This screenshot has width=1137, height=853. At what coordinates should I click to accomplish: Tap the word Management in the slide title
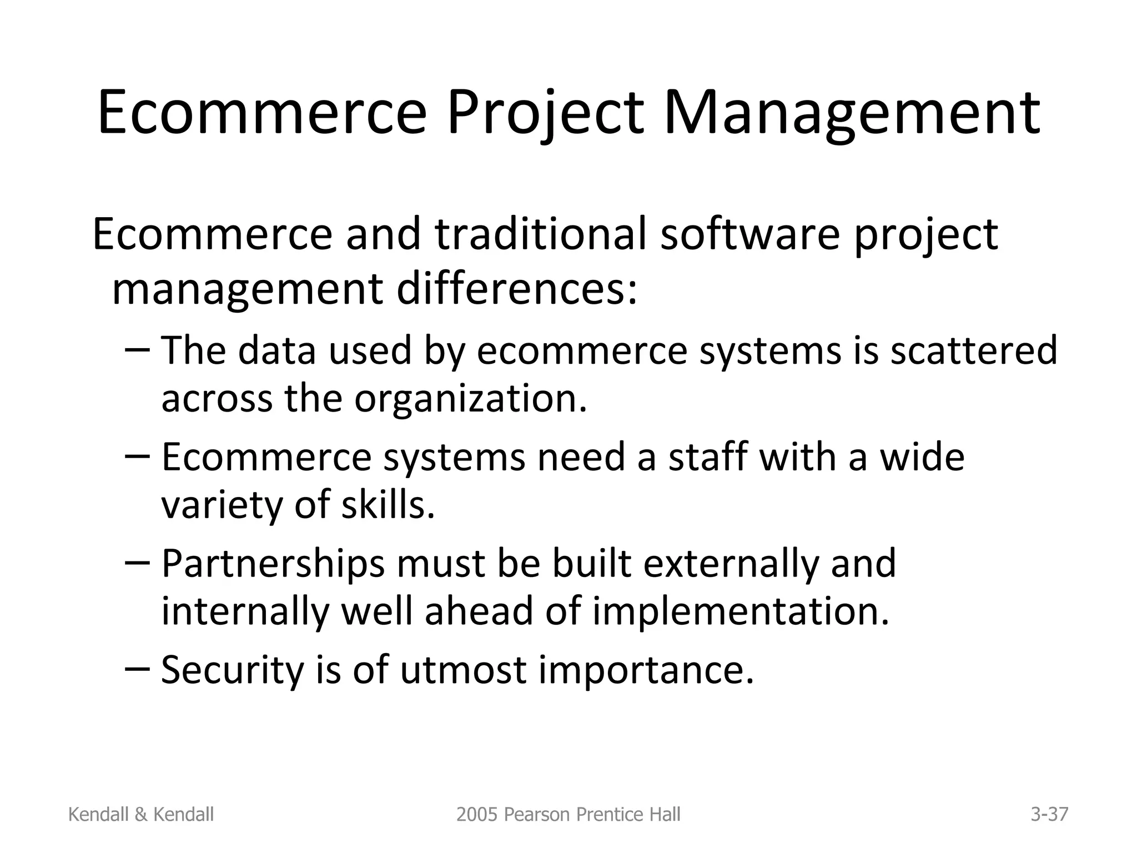pyautogui.click(x=852, y=114)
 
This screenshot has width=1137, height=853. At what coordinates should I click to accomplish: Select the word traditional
pyautogui.click(x=541, y=234)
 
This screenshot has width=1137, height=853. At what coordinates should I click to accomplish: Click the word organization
pyautogui.click(x=470, y=399)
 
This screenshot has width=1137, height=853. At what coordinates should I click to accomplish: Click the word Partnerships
pyautogui.click(x=273, y=564)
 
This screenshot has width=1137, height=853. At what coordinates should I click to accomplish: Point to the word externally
pyautogui.click(x=731, y=564)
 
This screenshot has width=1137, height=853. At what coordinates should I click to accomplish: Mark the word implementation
pyautogui.click(x=741, y=611)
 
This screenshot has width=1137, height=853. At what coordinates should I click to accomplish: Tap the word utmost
pyautogui.click(x=463, y=670)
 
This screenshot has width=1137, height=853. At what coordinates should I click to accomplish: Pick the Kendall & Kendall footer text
pyautogui.click(x=141, y=815)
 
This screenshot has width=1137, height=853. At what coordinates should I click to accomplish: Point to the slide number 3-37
pyautogui.click(x=1049, y=815)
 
